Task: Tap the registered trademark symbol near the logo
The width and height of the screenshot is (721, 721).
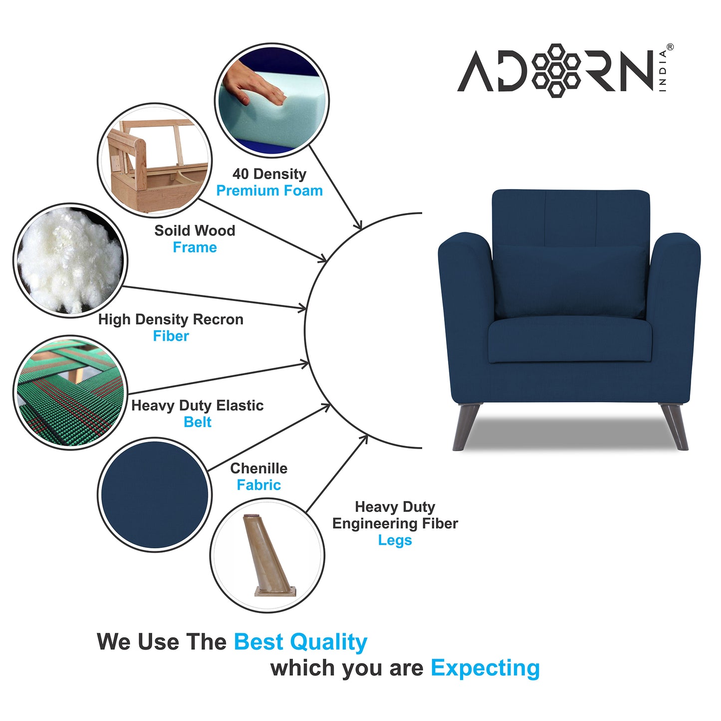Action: pos(670,47)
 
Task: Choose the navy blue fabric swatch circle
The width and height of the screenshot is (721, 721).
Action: pos(155,494)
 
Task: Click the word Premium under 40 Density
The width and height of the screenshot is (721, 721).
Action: pos(240,191)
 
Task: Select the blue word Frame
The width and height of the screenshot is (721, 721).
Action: pos(195,247)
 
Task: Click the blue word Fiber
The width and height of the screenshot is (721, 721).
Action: pos(171,336)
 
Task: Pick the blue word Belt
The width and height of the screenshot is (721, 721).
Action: pos(198,422)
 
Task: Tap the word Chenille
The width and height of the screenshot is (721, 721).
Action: pos(258,469)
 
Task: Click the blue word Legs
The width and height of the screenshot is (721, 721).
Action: pos(395,540)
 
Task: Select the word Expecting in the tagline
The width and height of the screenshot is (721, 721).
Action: pos(485,668)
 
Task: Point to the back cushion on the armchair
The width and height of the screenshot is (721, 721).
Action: pos(570,282)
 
